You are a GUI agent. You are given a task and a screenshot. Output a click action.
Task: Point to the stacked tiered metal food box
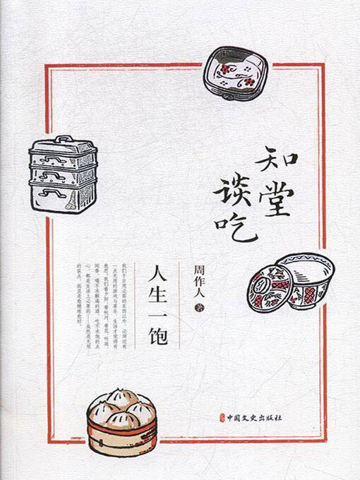pyautogui.click(x=62, y=174)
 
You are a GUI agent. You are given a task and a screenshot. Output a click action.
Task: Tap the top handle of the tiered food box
pyautogui.click(x=64, y=140)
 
